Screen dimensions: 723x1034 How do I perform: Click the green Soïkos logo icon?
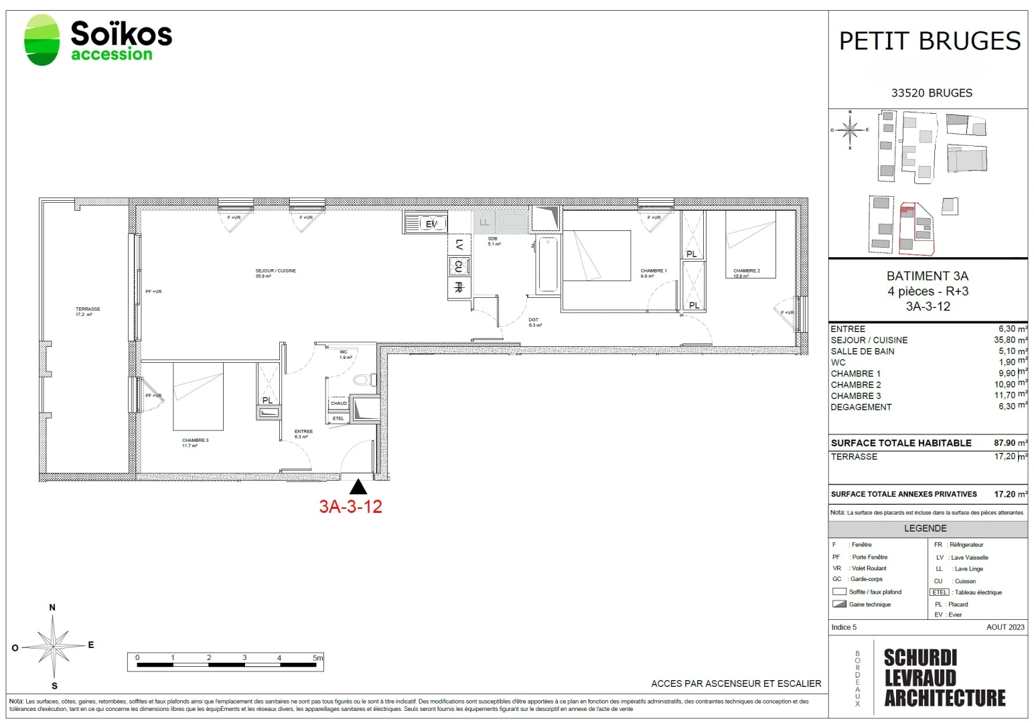pos(42,40)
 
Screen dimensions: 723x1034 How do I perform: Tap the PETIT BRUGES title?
pos(930,42)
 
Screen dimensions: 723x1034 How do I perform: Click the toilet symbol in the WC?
pos(362,380)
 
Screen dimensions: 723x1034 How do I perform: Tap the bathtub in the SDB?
pos(547,264)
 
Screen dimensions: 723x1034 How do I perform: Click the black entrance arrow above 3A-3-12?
pos(358,487)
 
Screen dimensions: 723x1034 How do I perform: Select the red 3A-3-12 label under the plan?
pos(350,507)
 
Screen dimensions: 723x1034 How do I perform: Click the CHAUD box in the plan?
pos(339,403)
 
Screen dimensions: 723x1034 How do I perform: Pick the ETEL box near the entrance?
pos(338,418)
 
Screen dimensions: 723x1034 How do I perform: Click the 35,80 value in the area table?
pos(1007,340)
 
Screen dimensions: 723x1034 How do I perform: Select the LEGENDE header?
pos(926,528)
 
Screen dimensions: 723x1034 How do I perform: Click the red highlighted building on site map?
pos(915,228)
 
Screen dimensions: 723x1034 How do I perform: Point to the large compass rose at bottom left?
pos(53,647)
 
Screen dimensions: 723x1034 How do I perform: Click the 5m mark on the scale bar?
pos(317,658)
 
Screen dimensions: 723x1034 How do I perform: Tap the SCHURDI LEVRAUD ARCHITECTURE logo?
pos(944,677)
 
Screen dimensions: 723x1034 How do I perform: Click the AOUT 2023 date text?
pos(1005,627)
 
